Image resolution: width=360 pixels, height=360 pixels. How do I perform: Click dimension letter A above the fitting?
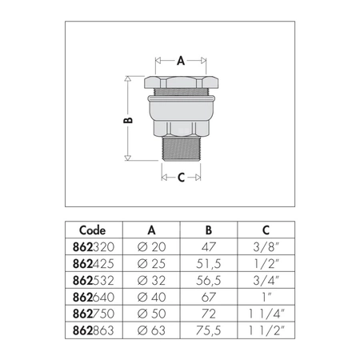(181, 60)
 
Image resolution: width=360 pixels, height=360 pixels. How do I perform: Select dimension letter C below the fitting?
(181, 178)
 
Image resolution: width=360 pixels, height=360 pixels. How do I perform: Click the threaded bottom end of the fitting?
(181, 148)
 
